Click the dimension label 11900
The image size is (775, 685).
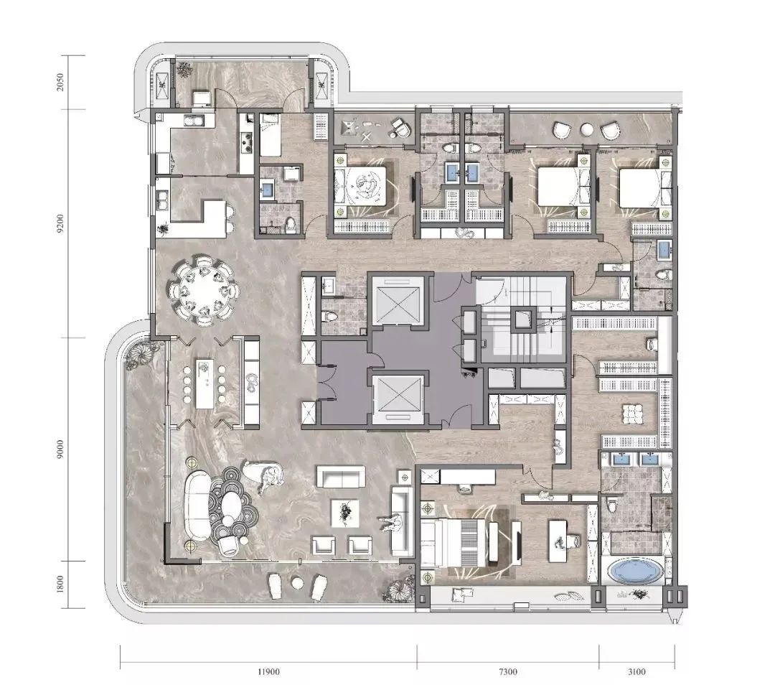point(268,671)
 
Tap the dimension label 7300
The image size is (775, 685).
point(507,671)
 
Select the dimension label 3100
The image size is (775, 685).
point(637,671)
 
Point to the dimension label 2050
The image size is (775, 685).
point(60,82)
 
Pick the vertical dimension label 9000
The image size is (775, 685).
point(60,449)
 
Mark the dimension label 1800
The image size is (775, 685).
point(60,584)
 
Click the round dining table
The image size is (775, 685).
point(204,290)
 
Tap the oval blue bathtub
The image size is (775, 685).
point(636,572)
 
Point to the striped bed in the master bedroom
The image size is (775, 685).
point(455,543)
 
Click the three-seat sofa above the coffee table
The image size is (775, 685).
point(341,477)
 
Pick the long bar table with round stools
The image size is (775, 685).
point(205,384)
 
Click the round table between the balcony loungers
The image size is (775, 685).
point(297,583)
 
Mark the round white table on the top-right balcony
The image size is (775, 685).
point(587,129)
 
